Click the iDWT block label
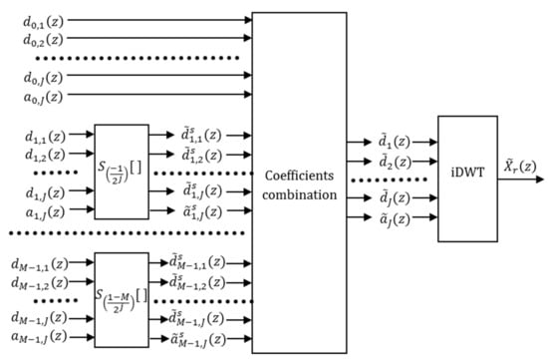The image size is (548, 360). point(467,173)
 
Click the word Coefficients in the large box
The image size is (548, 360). point(300,176)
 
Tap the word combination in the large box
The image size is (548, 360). point(300,194)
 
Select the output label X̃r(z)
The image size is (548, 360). point(520,166)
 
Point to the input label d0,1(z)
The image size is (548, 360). point(43,22)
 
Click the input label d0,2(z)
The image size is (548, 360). point(43,40)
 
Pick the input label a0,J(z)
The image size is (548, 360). point(43,97)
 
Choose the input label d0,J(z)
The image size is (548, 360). point(43,78)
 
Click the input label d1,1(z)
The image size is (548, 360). point(45,136)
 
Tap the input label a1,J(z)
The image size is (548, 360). point(45,212)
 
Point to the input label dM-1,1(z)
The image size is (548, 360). point(40,264)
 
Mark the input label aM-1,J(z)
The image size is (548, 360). point(39,337)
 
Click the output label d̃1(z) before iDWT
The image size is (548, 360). point(395,142)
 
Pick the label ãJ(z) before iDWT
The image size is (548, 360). point(395,219)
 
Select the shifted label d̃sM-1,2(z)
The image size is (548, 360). point(197,282)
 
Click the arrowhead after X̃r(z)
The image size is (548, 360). point(540,180)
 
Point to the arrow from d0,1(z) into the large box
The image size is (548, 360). point(159,20)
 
